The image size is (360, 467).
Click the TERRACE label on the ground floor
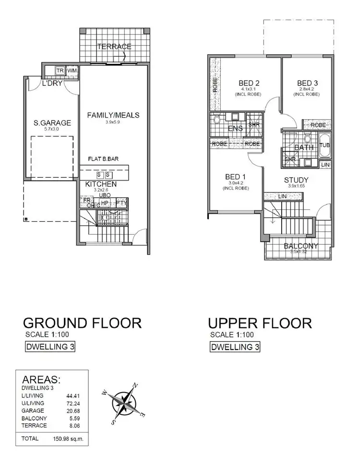(x=114, y=47)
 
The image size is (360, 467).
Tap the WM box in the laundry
(x=72, y=71)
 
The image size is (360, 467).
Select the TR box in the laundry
(x=60, y=71)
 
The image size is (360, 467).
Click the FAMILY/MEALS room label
(x=113, y=115)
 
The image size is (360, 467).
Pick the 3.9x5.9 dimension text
(x=113, y=122)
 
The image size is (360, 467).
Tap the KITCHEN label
(x=101, y=184)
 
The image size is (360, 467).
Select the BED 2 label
(x=250, y=83)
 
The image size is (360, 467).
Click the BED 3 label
(x=307, y=83)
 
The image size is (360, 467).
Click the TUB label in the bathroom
(x=325, y=144)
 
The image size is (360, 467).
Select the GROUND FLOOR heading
(x=82, y=323)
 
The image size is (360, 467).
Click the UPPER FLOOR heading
(x=260, y=323)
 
